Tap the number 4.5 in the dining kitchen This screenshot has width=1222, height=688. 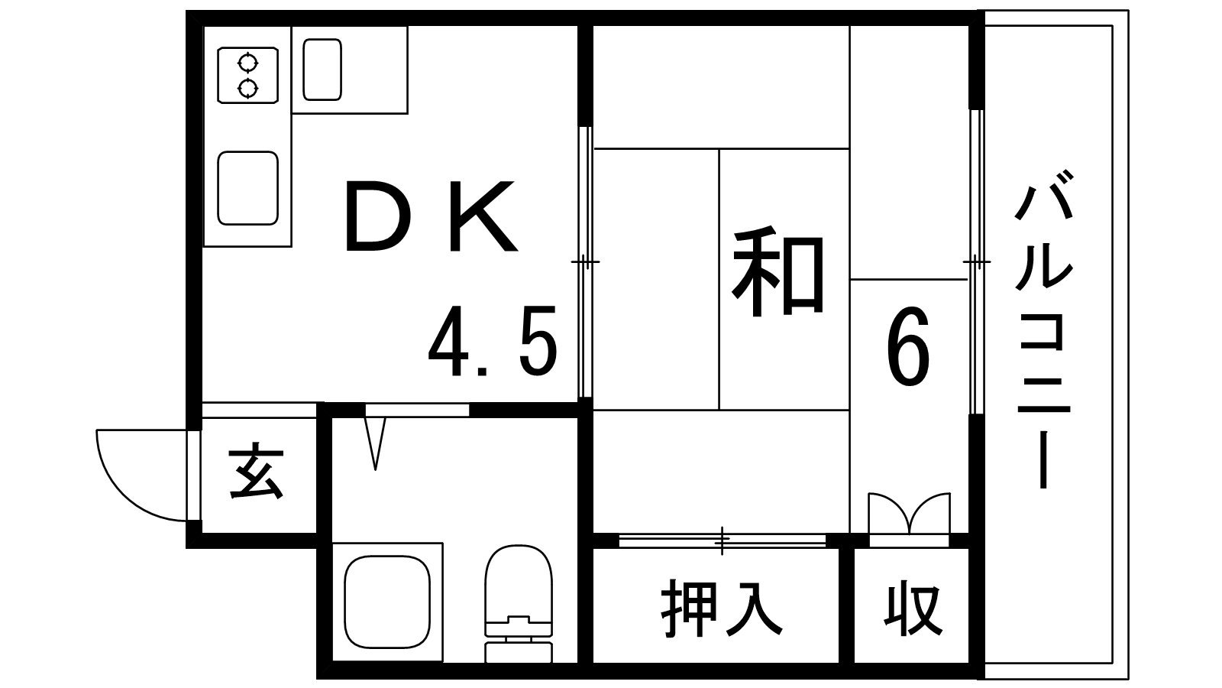(493, 341)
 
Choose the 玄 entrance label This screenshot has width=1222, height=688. (257, 475)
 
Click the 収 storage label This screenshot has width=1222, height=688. (913, 611)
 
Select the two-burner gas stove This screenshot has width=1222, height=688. (248, 76)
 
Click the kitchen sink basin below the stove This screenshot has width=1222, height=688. (248, 188)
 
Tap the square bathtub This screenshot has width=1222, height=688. (387, 602)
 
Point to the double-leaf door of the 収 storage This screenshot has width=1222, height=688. (909, 513)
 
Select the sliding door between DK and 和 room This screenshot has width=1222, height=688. (585, 262)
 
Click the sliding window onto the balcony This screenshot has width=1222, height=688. (977, 262)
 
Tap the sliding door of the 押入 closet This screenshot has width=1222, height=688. (723, 540)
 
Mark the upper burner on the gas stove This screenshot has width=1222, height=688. (248, 63)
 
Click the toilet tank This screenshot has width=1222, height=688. (519, 653)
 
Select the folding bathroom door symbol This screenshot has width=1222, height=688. (375, 443)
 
